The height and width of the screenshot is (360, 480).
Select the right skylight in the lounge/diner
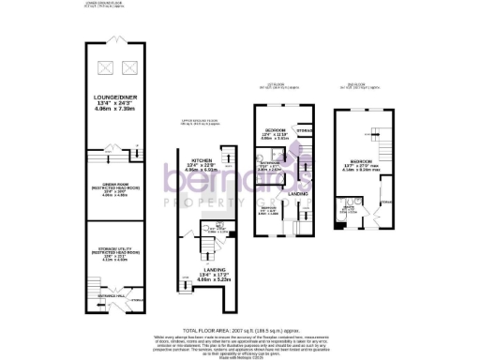pyautogui.click(x=129, y=67)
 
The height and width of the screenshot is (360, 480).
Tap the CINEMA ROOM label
pyautogui.click(x=116, y=187)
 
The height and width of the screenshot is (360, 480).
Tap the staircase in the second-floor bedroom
pyautogui.click(x=382, y=148)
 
